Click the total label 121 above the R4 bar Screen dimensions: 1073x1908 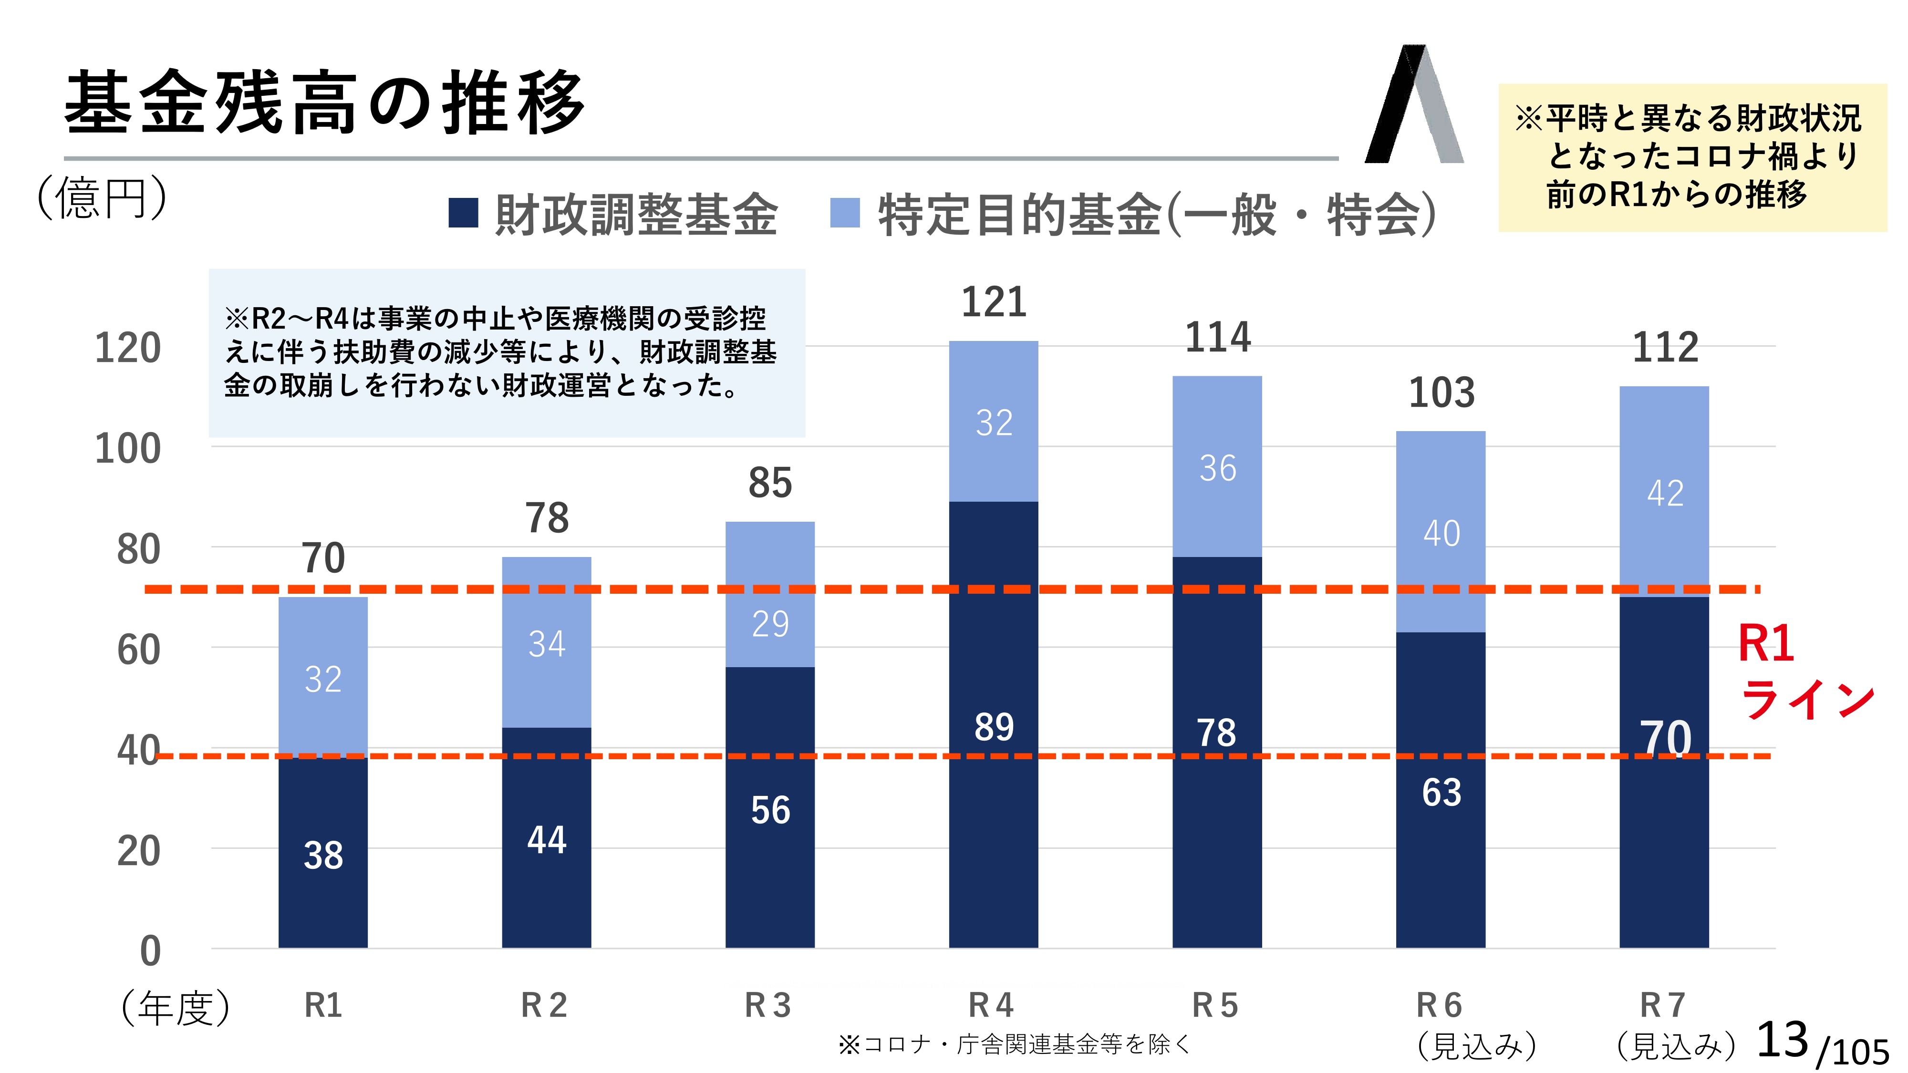[993, 302]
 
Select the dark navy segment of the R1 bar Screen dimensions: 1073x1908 [323, 852]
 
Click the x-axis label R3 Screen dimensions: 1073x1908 [768, 1005]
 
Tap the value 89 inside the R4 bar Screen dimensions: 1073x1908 [993, 727]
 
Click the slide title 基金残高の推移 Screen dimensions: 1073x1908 [324, 103]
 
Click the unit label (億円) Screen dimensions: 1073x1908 [102, 198]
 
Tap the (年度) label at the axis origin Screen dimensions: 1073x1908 [176, 1008]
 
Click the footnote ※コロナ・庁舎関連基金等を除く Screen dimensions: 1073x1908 [1013, 1044]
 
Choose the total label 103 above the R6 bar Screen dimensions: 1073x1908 [1441, 392]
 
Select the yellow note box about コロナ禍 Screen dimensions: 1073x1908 [1692, 157]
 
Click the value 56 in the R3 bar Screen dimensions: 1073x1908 [770, 810]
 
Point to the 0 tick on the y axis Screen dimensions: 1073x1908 [150, 951]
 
